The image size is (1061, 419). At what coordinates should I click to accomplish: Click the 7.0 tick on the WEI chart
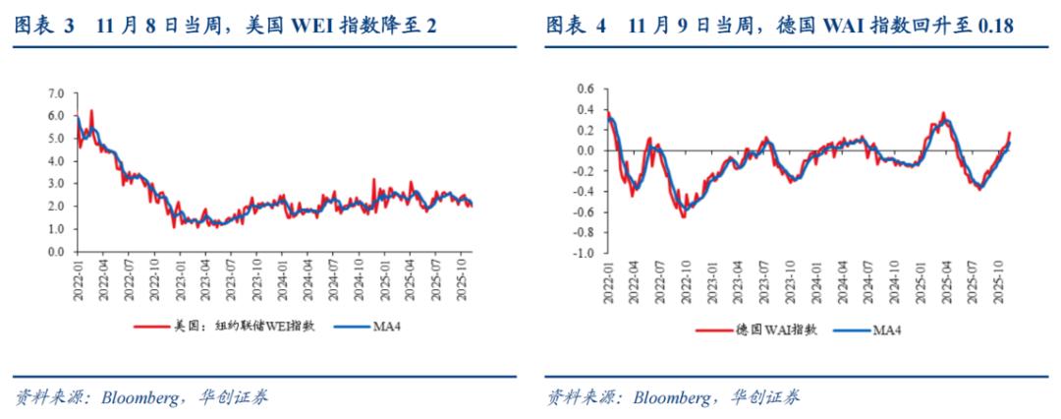tap(56, 93)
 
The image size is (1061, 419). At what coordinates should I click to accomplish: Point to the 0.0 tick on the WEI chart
tap(56, 252)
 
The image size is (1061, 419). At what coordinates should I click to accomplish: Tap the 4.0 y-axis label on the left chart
tap(56, 161)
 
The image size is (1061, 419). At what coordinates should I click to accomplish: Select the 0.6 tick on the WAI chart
tap(586, 89)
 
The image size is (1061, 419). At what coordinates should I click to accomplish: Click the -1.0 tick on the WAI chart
tap(584, 253)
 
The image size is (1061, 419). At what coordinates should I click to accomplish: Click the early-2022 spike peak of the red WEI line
tap(91, 110)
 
